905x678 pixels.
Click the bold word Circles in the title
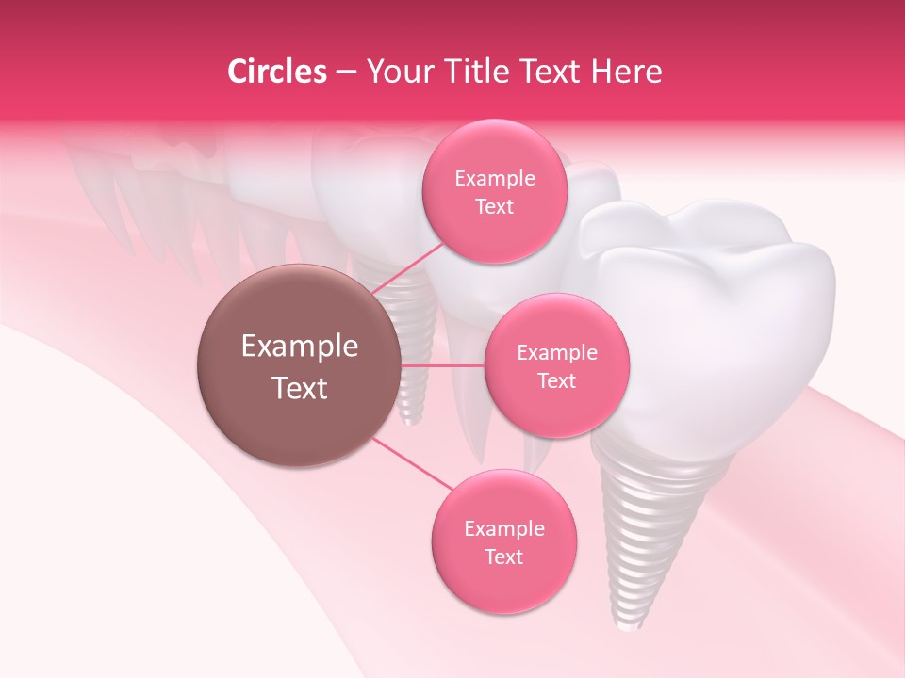(x=276, y=72)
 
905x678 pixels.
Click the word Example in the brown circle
(x=300, y=347)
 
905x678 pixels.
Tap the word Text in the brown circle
(x=300, y=388)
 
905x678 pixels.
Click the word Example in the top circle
(x=495, y=179)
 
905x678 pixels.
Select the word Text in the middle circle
(x=556, y=380)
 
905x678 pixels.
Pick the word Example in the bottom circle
(x=504, y=528)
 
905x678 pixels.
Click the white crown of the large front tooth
(x=716, y=311)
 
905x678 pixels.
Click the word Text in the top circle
(x=495, y=206)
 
